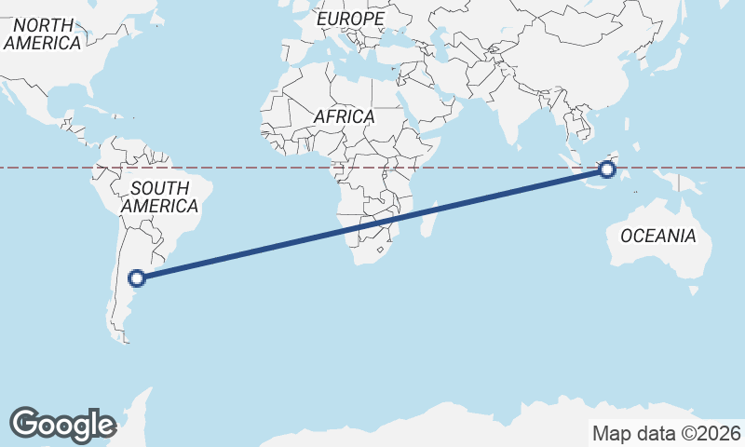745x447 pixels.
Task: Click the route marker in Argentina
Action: point(137,278)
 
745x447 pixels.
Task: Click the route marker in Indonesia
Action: point(607,169)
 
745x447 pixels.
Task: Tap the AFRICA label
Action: point(344,117)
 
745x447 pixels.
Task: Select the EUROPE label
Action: point(349,19)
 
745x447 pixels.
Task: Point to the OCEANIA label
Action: point(657,236)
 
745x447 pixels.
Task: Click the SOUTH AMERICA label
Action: point(159,197)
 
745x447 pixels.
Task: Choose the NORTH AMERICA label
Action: point(42,34)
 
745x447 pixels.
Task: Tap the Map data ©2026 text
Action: point(666,433)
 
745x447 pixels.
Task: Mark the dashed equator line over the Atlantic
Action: point(261,168)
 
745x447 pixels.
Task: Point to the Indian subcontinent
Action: point(513,112)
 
